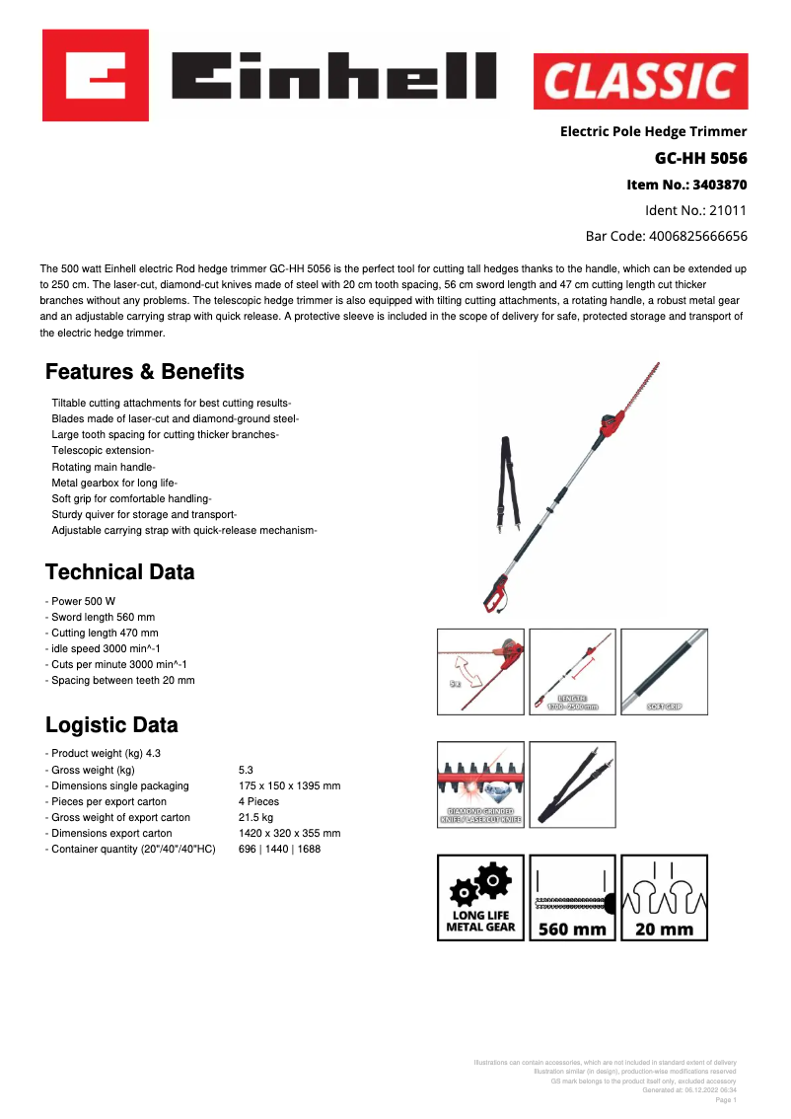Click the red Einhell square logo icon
(95, 75)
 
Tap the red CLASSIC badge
(640, 81)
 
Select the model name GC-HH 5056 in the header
(700, 158)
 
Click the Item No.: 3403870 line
(686, 185)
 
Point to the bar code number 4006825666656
(697, 236)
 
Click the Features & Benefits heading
(145, 372)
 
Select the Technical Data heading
(120, 572)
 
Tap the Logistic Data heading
(112, 725)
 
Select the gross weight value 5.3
(247, 770)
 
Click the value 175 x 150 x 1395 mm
(289, 785)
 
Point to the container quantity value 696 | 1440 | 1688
(279, 849)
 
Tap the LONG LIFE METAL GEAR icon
(481, 897)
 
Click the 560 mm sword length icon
(572, 897)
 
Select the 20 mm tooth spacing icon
(664, 897)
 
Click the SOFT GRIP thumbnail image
(664, 672)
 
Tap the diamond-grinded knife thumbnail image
(481, 784)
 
